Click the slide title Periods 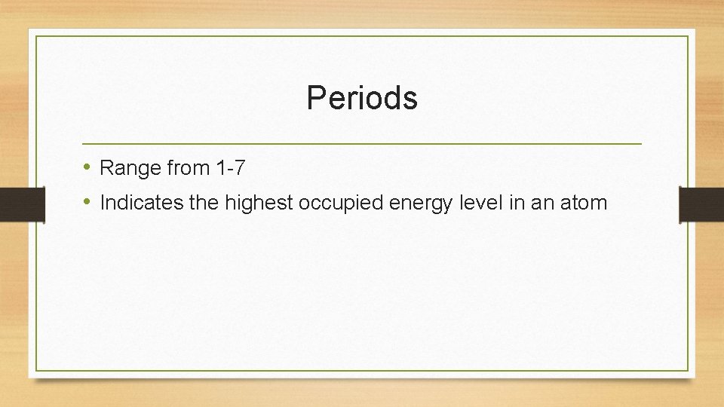[x=362, y=98]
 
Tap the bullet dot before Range [x=87, y=167]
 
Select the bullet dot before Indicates [x=87, y=202]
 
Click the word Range [x=130, y=168]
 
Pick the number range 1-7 [x=230, y=168]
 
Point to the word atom [x=584, y=203]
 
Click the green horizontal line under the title [x=362, y=143]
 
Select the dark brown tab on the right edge [x=701, y=204]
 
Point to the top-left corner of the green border [x=37, y=36]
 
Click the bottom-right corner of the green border [x=688, y=370]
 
